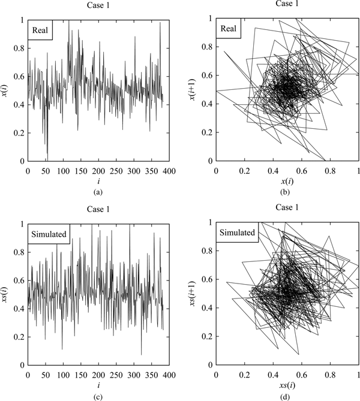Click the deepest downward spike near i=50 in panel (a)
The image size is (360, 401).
(x=47, y=159)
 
